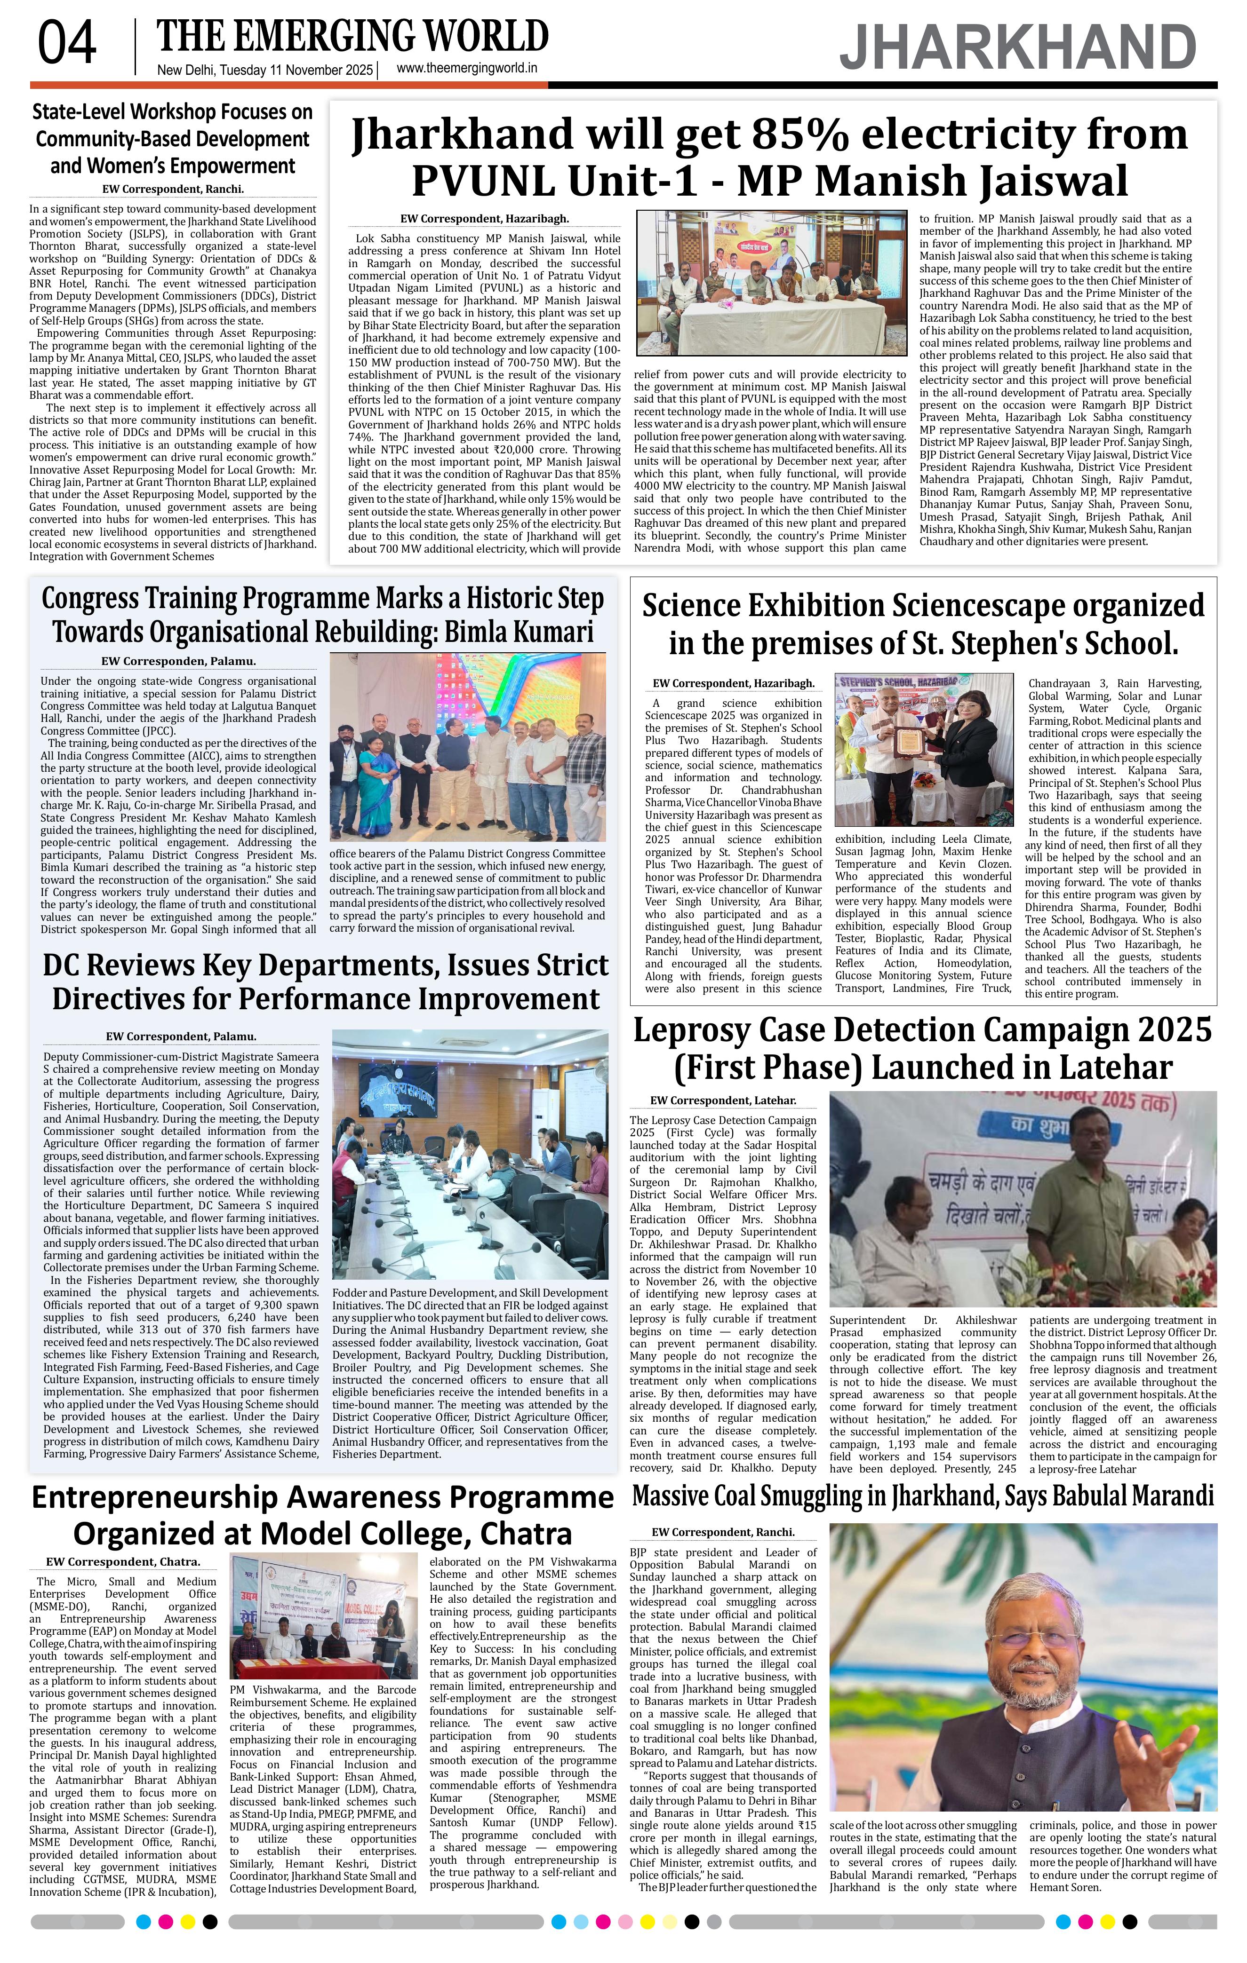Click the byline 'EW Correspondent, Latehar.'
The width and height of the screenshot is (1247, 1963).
[x=723, y=1100]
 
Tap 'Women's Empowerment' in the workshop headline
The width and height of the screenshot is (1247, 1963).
[x=172, y=166]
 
